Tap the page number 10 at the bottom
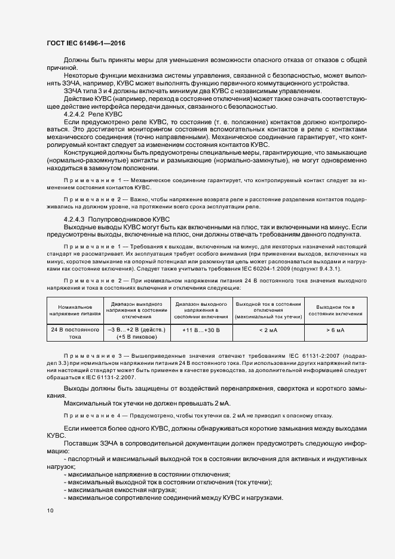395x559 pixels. pos(50,510)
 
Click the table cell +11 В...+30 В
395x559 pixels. pos(201,329)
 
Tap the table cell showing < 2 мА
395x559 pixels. pos(267,329)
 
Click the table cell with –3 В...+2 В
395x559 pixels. pos(136,329)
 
